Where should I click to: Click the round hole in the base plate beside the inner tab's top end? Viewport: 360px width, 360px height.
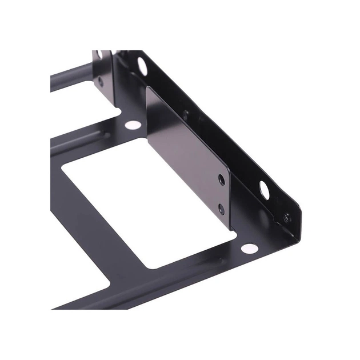tap(132, 124)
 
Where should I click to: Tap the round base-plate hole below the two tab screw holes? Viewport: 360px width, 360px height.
tap(249, 248)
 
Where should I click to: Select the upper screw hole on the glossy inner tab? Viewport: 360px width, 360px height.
tap(221, 180)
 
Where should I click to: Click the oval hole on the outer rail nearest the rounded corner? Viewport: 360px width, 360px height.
tap(265, 189)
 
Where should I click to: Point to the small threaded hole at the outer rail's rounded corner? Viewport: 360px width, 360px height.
tap(287, 217)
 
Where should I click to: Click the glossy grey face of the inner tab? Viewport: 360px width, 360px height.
tap(183, 154)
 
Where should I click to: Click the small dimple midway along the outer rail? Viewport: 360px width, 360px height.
tap(186, 114)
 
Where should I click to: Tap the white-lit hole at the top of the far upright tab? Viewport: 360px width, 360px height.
tap(100, 54)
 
